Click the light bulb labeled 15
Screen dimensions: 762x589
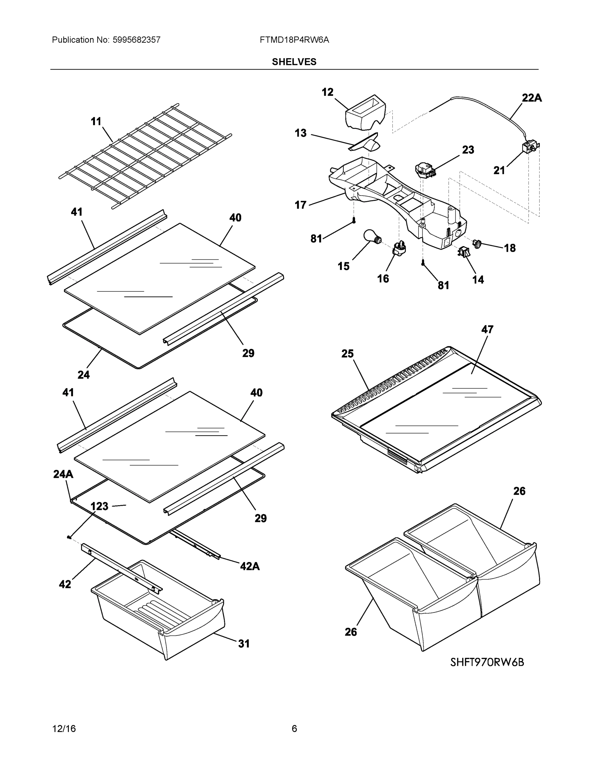371,236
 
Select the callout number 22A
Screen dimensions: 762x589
532,98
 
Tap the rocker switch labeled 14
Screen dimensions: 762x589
463,251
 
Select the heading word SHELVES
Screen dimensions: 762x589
294,62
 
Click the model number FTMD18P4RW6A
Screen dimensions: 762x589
294,40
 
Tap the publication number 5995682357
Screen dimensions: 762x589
137,40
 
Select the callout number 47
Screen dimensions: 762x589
487,329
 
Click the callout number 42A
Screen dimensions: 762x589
250,566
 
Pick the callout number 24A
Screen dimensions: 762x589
63,474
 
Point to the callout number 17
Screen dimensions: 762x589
300,205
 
